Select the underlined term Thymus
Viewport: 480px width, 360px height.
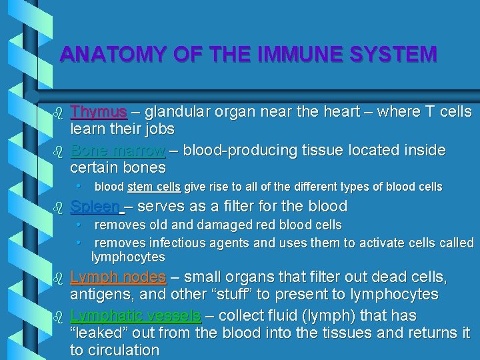point(99,111)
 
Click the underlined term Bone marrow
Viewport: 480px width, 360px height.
point(118,150)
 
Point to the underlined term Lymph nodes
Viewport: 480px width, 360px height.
point(118,277)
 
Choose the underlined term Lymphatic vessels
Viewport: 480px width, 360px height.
point(135,315)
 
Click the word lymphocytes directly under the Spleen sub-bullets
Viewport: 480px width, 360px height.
point(128,257)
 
